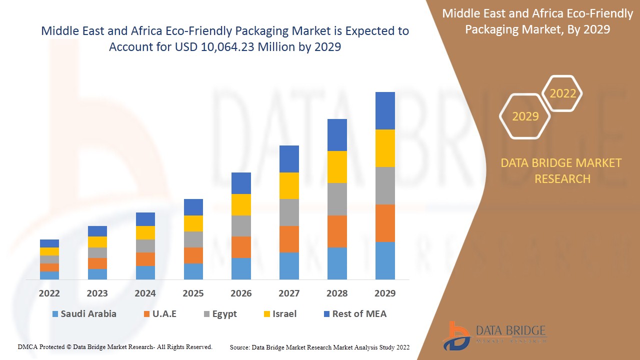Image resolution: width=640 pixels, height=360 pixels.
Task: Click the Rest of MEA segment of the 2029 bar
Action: [x=385, y=110]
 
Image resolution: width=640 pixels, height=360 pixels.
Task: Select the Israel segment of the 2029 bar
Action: [x=385, y=148]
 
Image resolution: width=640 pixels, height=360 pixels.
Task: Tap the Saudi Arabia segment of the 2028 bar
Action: [x=337, y=263]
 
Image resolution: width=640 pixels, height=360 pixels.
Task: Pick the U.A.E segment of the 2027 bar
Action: [x=289, y=239]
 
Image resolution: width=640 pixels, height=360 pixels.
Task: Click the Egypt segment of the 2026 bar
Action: [x=241, y=226]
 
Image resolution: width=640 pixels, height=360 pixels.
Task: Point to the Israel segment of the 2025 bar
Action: [x=193, y=223]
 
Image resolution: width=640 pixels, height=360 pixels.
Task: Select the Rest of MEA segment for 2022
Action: [x=49, y=243]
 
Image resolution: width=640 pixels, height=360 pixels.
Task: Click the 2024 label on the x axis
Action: [x=145, y=293]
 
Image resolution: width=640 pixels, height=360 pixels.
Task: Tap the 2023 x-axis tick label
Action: [x=97, y=293]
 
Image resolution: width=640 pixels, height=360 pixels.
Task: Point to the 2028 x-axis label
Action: [x=337, y=293]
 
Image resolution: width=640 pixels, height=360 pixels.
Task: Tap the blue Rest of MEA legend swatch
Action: [x=327, y=314]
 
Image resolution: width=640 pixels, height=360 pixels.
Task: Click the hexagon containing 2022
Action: [x=562, y=93]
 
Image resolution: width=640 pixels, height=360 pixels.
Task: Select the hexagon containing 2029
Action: [x=525, y=116]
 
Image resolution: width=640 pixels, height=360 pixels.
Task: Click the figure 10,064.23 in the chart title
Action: [x=220, y=47]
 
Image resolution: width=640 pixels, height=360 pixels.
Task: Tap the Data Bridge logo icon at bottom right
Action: [x=456, y=335]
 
